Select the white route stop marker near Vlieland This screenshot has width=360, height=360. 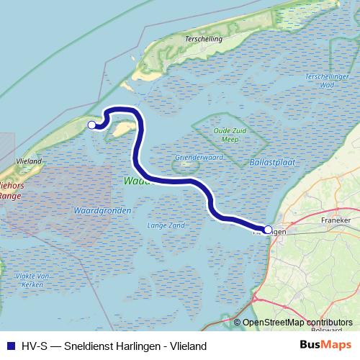coord(91,125)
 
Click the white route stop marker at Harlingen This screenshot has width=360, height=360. coord(269,230)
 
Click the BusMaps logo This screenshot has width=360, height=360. coord(328,346)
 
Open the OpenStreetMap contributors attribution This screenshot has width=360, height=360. coord(297,322)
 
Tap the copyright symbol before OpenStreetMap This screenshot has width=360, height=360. coord(237,322)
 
